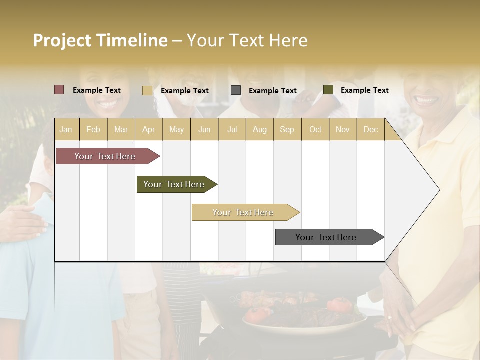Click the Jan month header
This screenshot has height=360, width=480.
pyautogui.click(x=66, y=129)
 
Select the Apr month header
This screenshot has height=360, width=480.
pyautogui.click(x=148, y=129)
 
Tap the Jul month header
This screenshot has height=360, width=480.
pyautogui.click(x=232, y=129)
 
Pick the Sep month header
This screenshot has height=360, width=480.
pyautogui.click(x=287, y=129)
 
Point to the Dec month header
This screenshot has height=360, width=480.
pyautogui.click(x=370, y=129)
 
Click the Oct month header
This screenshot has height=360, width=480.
pyautogui.click(x=315, y=129)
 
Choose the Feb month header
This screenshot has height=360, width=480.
pyautogui.click(x=93, y=129)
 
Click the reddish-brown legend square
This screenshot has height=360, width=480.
pyautogui.click(x=59, y=90)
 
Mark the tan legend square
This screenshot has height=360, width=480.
pyautogui.click(x=147, y=90)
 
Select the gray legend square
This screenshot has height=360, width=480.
pyautogui.click(x=236, y=90)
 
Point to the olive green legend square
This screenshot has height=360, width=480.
pyautogui.click(x=328, y=90)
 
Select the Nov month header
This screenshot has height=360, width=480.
pyautogui.click(x=343, y=129)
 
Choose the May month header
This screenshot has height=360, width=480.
pyautogui.click(x=176, y=129)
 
